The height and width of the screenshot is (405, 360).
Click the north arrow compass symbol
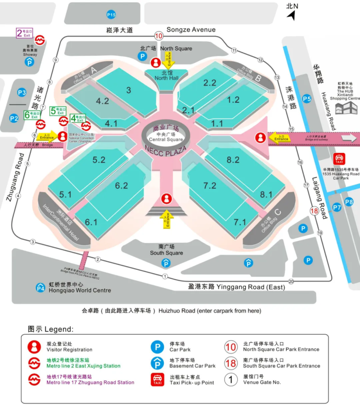click(291, 15)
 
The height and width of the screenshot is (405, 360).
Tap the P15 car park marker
click(111, 15)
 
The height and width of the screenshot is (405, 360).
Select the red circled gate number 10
click(158, 36)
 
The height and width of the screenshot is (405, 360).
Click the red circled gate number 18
click(315, 211)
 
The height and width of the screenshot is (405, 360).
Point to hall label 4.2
click(102, 101)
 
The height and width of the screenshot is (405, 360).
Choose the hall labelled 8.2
click(233, 160)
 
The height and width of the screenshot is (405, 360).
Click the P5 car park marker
click(307, 99)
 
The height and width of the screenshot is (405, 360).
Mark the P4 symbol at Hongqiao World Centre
click(41, 287)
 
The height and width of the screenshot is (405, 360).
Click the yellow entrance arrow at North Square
click(168, 59)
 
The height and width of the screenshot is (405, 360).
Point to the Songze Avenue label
click(191, 30)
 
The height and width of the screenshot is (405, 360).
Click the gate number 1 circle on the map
click(165, 276)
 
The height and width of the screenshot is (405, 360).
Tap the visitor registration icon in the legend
click(34, 347)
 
